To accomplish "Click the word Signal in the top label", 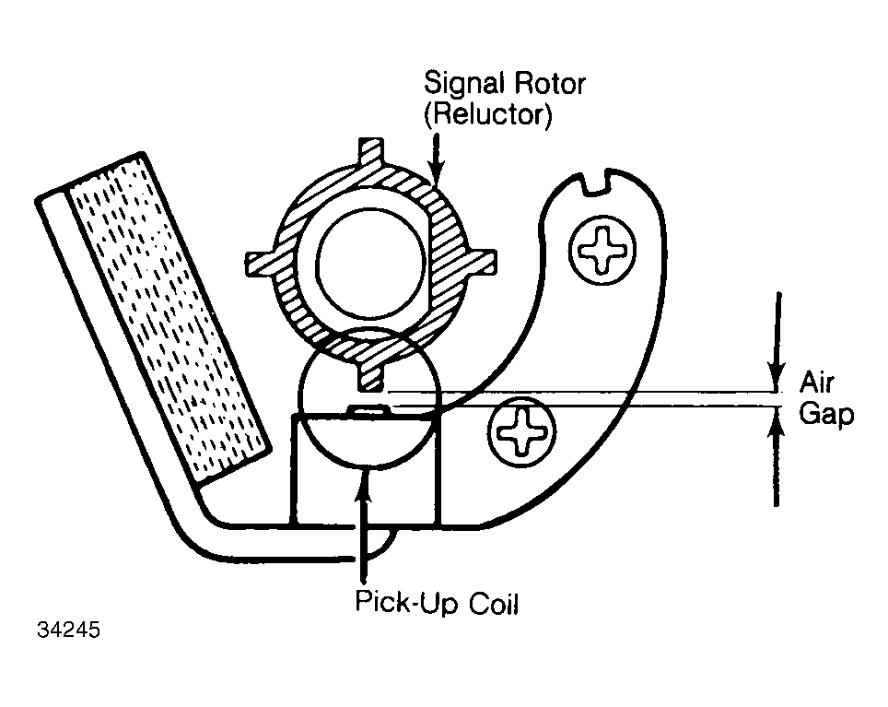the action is coord(464,84).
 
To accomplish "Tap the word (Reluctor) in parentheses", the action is coord(487,115).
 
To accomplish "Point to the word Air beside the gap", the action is coord(817,383).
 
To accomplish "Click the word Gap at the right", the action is coord(826,415).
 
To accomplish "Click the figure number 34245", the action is coord(68,630).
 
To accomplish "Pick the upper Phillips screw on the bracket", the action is coord(602,249).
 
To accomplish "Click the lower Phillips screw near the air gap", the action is coord(521,431).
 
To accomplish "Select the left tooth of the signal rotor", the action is coord(262,265).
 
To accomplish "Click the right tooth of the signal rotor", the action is coord(482,263).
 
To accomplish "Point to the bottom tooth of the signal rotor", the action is coord(371,376).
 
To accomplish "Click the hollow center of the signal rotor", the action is coord(371,264).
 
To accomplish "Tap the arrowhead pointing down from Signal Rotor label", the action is coord(436,171).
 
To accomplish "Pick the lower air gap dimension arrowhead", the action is coord(777,422).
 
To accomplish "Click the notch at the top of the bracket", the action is coord(595,186).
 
